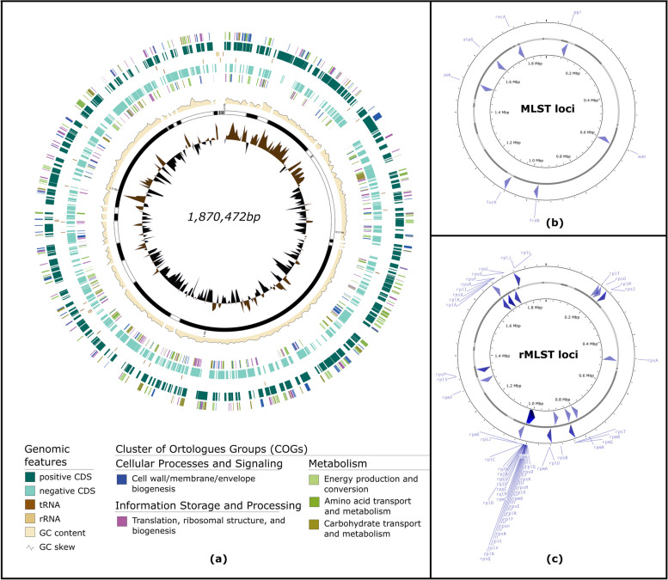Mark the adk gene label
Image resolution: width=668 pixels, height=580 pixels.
(x=448, y=75)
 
